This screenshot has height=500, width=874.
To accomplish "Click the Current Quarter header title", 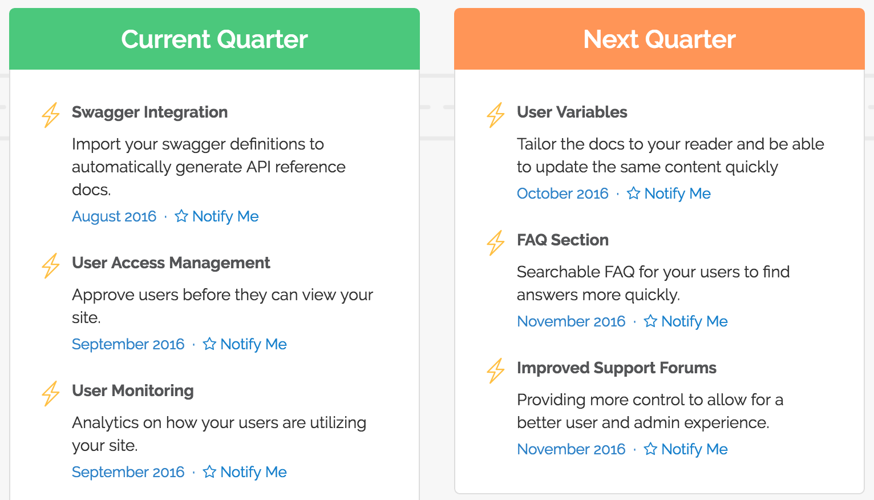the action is click(x=214, y=39).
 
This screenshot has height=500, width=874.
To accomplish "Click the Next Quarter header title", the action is click(x=659, y=39).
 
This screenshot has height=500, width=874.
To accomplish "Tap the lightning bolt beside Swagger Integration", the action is click(x=51, y=115).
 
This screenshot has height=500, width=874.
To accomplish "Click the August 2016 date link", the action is click(x=114, y=216).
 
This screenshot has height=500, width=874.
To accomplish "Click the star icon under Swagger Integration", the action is click(x=181, y=216).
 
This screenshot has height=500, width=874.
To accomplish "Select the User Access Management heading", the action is click(x=171, y=263).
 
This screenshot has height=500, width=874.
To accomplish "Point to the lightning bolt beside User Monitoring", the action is click(x=51, y=393).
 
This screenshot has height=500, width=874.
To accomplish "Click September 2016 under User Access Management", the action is click(x=128, y=344).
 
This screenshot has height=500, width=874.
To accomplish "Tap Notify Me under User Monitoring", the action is click(x=253, y=472).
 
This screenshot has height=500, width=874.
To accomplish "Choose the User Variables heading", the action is click(x=572, y=112).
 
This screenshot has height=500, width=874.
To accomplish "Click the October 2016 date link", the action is click(x=563, y=193).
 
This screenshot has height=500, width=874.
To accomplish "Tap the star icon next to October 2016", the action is click(x=633, y=193).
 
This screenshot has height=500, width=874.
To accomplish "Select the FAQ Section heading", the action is click(x=563, y=240).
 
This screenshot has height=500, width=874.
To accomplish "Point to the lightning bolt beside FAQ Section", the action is click(x=496, y=243).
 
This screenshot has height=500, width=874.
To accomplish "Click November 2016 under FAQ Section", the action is click(x=571, y=321).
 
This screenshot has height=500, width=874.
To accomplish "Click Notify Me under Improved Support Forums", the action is click(x=694, y=449).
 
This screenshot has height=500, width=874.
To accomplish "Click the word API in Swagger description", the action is click(x=258, y=167).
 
